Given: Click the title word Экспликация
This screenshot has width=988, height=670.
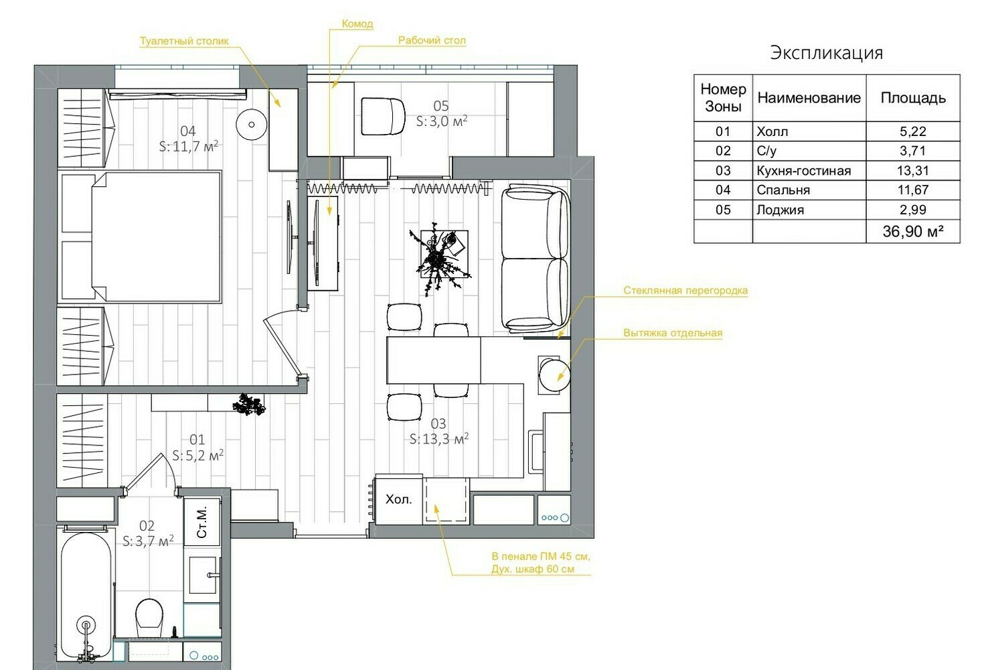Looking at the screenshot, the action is [x=826, y=53].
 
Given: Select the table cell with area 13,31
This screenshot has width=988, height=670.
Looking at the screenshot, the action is [x=912, y=170].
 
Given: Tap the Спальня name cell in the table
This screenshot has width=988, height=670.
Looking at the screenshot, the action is [x=809, y=190].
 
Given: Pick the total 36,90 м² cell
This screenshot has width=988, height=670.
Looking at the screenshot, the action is [x=912, y=231].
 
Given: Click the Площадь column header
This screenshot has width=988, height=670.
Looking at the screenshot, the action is [x=912, y=98].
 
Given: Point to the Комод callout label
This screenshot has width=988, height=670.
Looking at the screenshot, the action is [x=357, y=24].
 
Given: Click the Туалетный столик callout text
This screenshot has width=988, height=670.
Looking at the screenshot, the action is [x=184, y=41].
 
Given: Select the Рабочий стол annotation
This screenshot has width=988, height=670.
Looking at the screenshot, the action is [x=432, y=40].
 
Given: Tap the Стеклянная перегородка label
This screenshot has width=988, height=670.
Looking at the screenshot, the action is [x=685, y=290].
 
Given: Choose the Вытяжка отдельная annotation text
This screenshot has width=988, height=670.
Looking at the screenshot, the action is [x=673, y=333].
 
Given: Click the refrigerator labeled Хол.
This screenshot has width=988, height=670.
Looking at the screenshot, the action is [x=399, y=500].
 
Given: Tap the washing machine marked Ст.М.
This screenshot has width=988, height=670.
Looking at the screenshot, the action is [x=202, y=522].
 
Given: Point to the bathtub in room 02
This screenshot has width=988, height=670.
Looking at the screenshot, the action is [x=86, y=596].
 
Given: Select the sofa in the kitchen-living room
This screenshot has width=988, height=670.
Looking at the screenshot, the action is [x=535, y=258].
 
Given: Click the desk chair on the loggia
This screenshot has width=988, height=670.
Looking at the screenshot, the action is [x=383, y=117].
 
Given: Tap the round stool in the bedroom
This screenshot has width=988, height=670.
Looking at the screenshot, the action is [x=252, y=125].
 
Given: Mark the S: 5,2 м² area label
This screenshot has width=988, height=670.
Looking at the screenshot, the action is [x=197, y=455].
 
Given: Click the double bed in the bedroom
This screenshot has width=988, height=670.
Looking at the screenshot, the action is [x=141, y=237].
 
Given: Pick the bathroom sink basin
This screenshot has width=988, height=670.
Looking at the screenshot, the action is [x=203, y=575].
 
